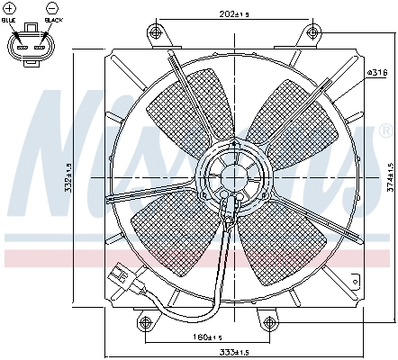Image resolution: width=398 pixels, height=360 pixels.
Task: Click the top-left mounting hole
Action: pyautogui.click(x=158, y=33)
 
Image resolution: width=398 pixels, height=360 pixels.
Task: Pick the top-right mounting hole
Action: pyautogui.click(x=312, y=33)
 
